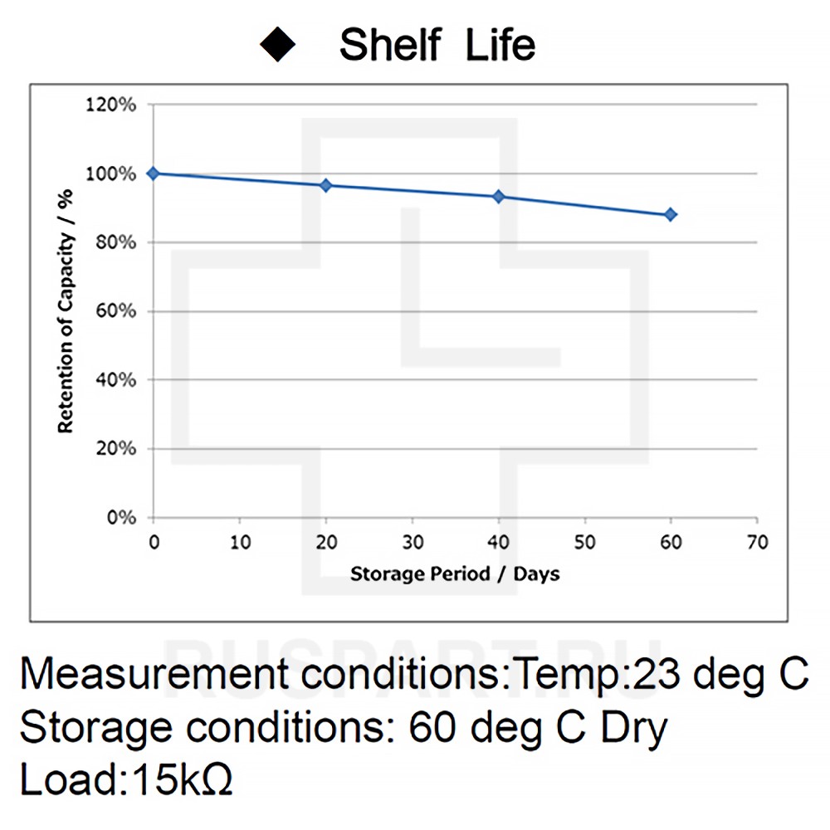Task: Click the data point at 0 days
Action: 153,173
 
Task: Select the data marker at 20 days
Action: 325,185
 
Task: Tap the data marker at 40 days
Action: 499,197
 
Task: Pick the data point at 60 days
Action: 671,215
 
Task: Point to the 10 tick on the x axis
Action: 239,543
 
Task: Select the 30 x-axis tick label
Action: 412,543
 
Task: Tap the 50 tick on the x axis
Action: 584,543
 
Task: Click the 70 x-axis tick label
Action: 757,543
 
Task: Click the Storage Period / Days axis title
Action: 454,574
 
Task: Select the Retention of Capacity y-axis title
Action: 66,311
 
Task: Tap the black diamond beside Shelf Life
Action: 278,44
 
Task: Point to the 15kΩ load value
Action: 177,780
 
